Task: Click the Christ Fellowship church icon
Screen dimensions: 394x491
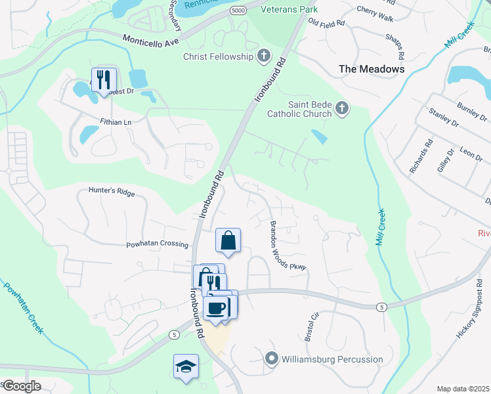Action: click(x=264, y=56)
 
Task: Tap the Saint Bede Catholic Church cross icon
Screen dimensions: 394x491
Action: click(x=341, y=108)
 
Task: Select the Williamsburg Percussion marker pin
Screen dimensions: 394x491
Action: click(x=272, y=359)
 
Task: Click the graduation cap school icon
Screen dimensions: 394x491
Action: click(x=186, y=366)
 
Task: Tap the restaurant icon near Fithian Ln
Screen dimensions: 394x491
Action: click(x=104, y=80)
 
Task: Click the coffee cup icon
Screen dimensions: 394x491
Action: click(x=215, y=307)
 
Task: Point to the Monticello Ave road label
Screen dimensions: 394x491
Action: click(x=150, y=40)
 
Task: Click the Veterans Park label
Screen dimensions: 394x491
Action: click(x=289, y=9)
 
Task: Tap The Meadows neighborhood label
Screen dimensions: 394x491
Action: click(x=371, y=68)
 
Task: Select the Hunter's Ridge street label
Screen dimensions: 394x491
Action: click(x=112, y=192)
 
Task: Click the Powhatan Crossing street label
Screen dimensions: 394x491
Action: click(x=158, y=244)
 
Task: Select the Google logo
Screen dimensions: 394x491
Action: click(x=22, y=386)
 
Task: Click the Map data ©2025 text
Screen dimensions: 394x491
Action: click(x=463, y=389)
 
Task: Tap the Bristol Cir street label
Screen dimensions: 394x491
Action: click(x=311, y=326)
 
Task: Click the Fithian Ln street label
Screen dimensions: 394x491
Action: click(x=116, y=121)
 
